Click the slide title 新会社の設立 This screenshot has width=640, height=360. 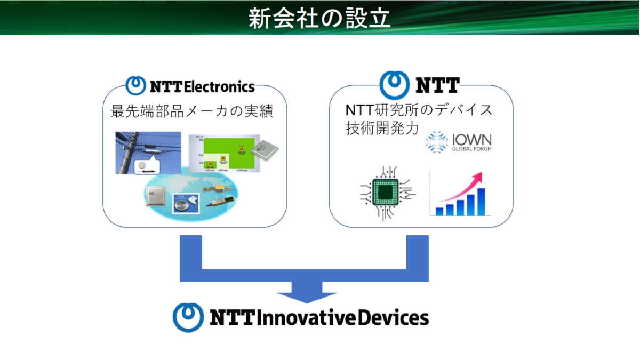[319, 18]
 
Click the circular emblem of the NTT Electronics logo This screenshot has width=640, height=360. [135, 85]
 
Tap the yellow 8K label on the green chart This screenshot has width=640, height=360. [241, 149]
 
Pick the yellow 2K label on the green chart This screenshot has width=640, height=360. [211, 163]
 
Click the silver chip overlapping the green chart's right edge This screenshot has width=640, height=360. [265, 149]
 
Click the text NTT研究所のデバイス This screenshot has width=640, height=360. [419, 111]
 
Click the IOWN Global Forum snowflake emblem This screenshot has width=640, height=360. [436, 141]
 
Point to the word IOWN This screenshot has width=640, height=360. [471, 140]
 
